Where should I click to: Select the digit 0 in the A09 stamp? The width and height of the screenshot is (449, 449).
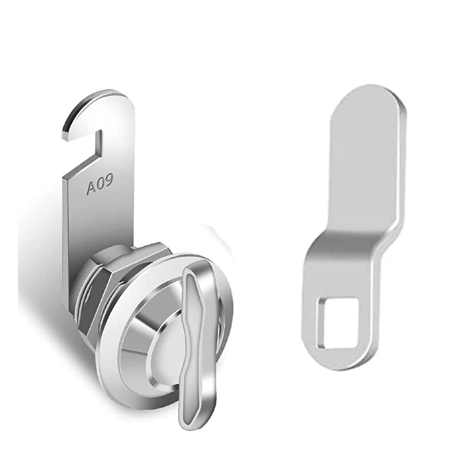tap(100, 184)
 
